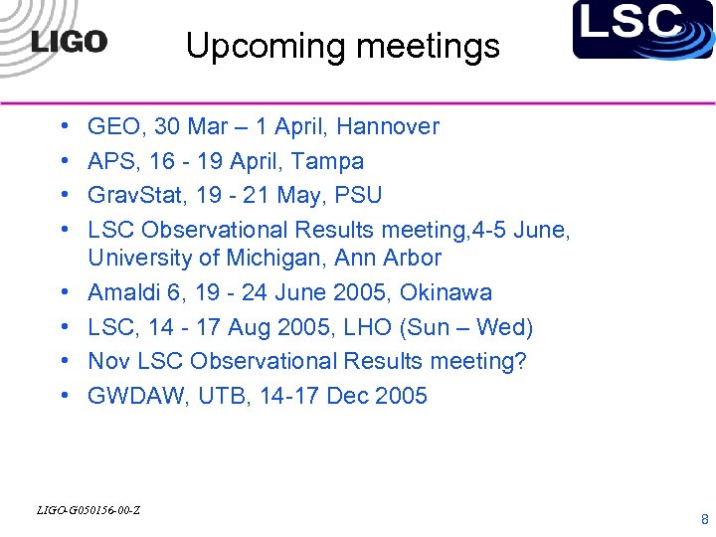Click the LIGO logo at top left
click(x=69, y=42)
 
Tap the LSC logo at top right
click(x=642, y=29)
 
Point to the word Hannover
click(x=388, y=126)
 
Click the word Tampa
click(x=330, y=161)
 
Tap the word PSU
click(x=359, y=195)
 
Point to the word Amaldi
click(x=121, y=293)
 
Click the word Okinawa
click(x=446, y=293)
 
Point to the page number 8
click(x=704, y=519)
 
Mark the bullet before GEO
click(x=64, y=126)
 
